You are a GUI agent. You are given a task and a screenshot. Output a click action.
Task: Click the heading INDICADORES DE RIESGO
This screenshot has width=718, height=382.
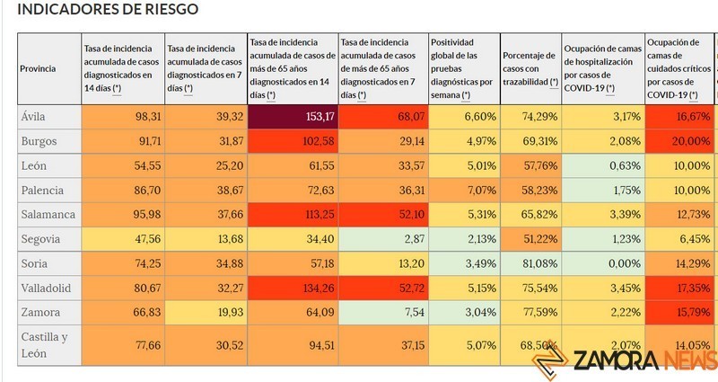coord(109,10)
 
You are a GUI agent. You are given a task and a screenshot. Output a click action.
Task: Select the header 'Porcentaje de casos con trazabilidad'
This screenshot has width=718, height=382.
coord(529,69)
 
